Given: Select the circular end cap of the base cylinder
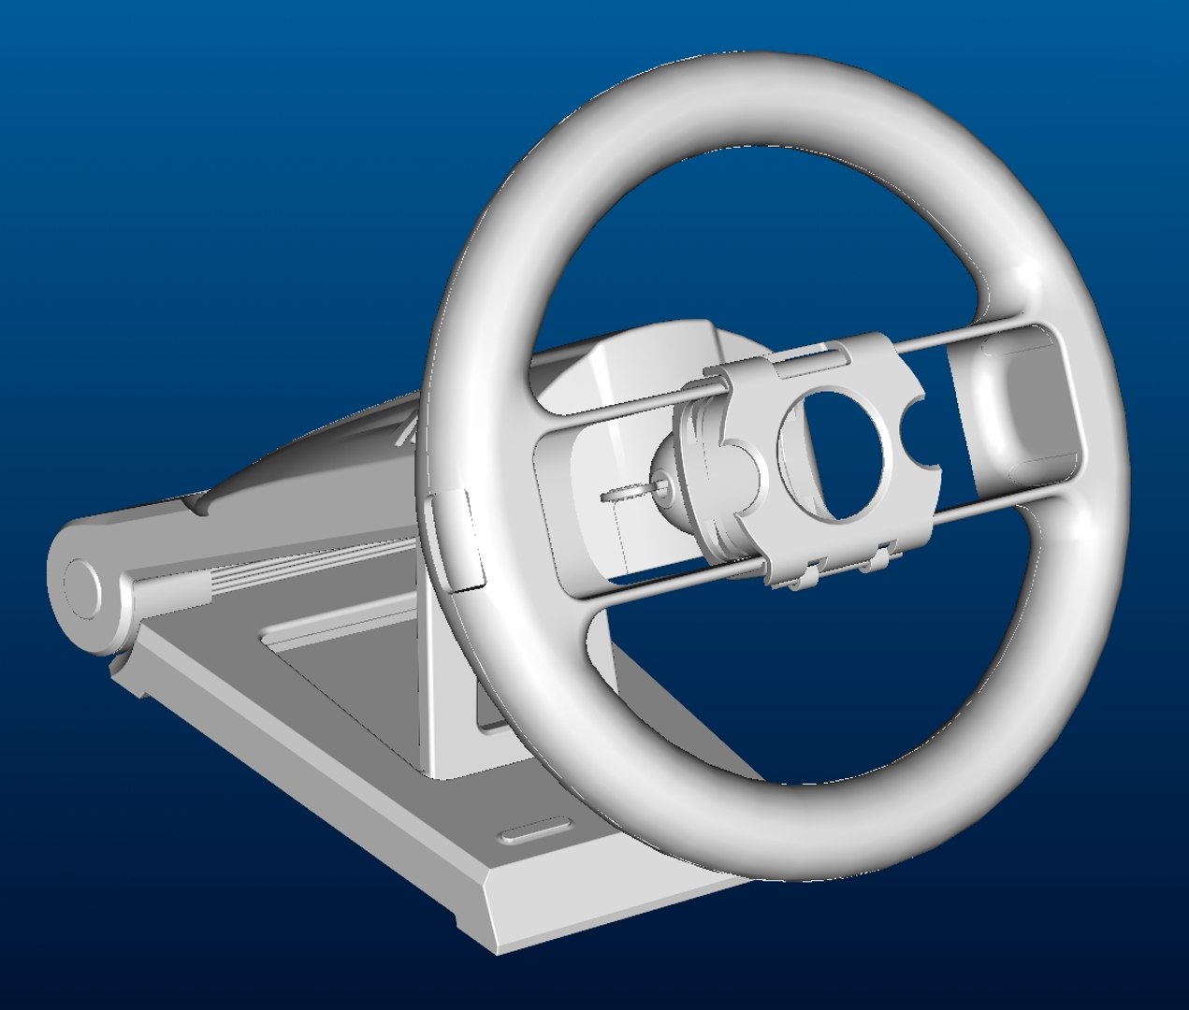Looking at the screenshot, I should [82, 589].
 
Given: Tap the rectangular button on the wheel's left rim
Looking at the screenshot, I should [457, 542].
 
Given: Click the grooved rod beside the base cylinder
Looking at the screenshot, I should [178, 589].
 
